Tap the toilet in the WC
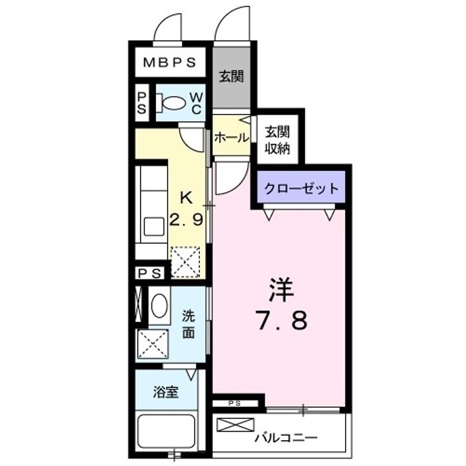pyautogui.click(x=173, y=103)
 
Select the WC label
pyautogui.click(x=195, y=103)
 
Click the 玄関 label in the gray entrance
pyautogui.click(x=230, y=77)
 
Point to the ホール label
pyautogui.click(x=230, y=137)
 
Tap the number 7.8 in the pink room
pyautogui.click(x=282, y=319)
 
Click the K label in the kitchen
pyautogui.click(x=186, y=197)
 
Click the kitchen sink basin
pyautogui.click(x=154, y=227)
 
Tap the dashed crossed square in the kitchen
pyautogui.click(x=184, y=261)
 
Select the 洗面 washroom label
pyautogui.click(x=188, y=325)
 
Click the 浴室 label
pyautogui.click(x=166, y=392)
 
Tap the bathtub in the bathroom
pyautogui.click(x=166, y=432)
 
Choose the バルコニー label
pyautogui.click(x=285, y=438)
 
